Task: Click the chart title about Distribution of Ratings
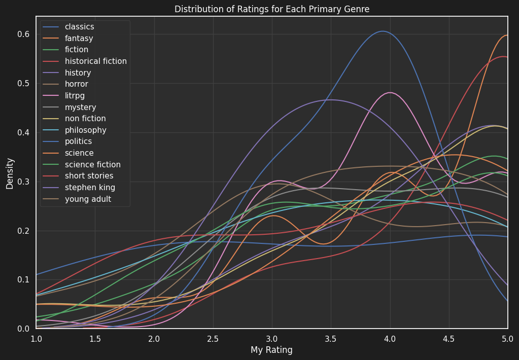271,9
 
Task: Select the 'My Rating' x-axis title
271,350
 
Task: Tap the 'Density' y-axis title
10,173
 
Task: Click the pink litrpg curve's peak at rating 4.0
390,92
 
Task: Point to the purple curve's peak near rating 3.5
331,100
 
